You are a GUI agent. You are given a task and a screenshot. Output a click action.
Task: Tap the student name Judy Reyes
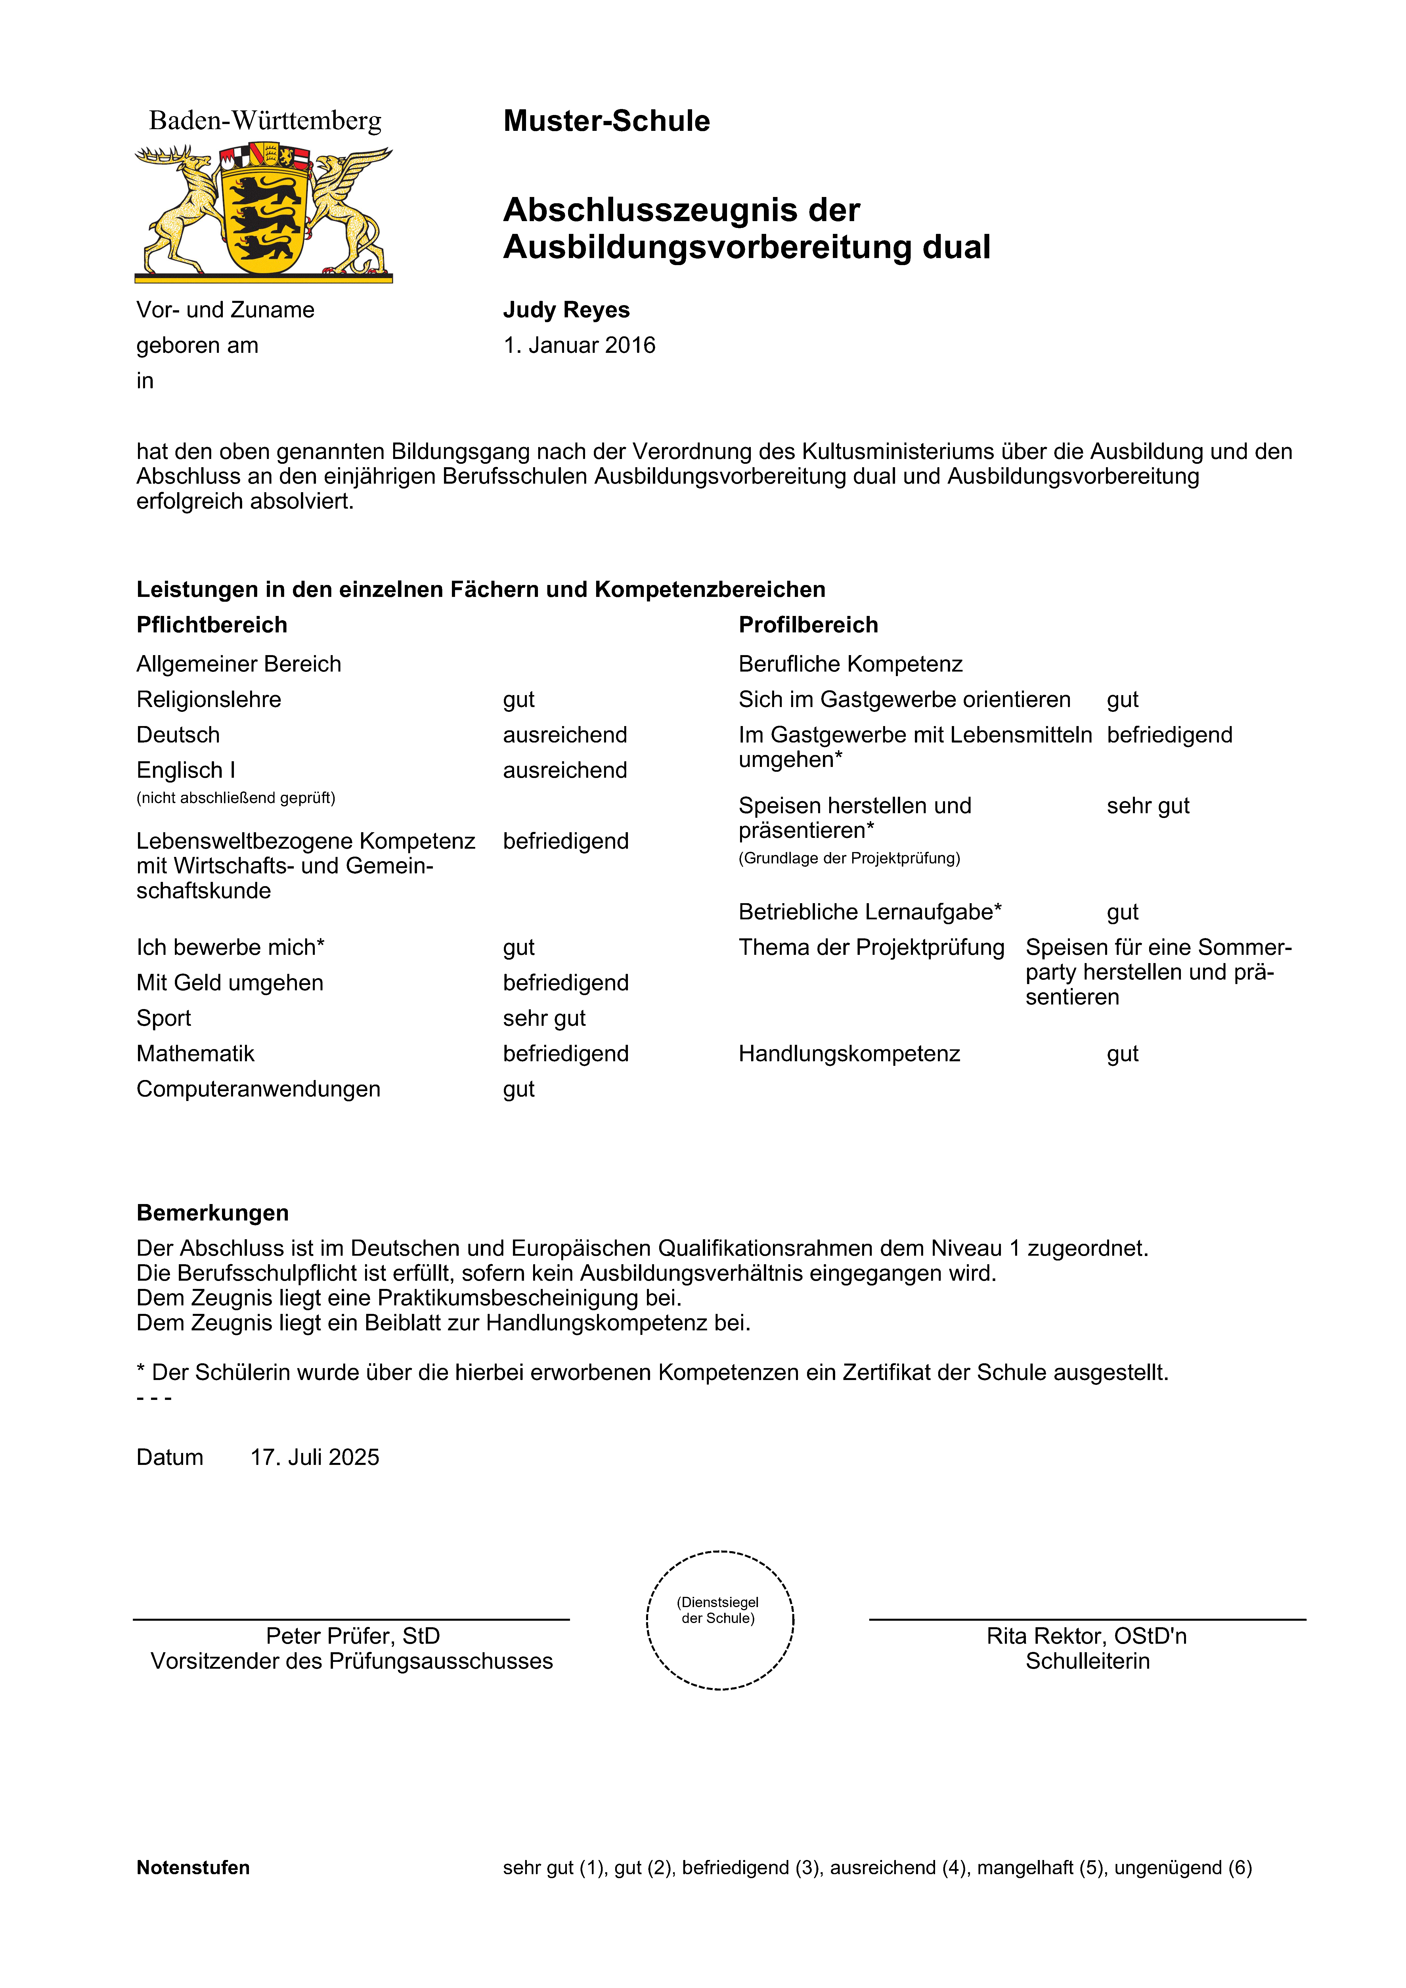pos(566,310)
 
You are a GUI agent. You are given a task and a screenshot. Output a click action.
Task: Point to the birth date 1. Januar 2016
pos(579,345)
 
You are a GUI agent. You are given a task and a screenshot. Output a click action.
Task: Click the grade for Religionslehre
pos(519,700)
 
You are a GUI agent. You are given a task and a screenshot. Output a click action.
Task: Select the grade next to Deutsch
pos(565,735)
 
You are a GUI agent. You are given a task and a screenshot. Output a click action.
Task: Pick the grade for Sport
pos(544,1018)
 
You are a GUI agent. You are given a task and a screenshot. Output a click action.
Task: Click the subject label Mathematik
pos(196,1054)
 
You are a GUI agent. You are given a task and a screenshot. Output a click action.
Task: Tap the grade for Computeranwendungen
pos(519,1089)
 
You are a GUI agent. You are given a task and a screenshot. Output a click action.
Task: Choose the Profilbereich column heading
pos(808,625)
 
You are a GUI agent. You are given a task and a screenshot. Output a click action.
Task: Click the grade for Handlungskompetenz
pos(1122,1054)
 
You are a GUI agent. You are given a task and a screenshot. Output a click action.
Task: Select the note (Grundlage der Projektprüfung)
pos(849,858)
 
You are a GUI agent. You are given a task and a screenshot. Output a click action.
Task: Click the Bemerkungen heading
pos(212,1213)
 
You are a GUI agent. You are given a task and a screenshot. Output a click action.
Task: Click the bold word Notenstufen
pos(193,1868)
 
